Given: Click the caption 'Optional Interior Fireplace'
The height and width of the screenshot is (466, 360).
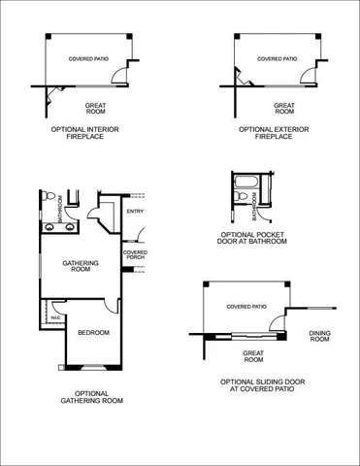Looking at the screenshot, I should point(90,132).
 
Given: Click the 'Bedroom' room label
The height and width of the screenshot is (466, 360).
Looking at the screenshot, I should point(93,333).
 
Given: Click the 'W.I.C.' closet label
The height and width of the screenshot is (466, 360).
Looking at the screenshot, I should point(57,316).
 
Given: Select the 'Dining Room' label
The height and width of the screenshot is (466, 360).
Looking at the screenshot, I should point(319,336).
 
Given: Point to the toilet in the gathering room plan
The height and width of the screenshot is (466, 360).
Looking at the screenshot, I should point(48,195).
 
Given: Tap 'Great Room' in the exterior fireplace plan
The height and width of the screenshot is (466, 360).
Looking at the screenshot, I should point(283,109).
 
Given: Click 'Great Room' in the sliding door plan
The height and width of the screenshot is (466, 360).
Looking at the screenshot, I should point(253,356).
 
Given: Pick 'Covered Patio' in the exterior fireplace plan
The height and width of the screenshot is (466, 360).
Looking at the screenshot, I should point(278,58).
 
